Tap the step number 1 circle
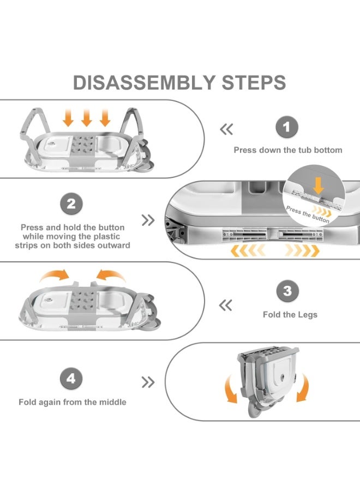(x=287, y=129)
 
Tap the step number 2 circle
(x=71, y=205)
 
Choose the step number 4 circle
(x=71, y=378)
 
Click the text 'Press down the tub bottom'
(x=288, y=150)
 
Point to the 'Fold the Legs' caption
(x=290, y=314)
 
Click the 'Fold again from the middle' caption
(x=73, y=402)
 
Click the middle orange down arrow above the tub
(x=86, y=117)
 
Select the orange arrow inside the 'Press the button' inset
(x=319, y=185)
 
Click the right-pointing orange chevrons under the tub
(x=302, y=251)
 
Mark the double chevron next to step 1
(x=226, y=129)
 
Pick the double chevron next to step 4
(x=148, y=382)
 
